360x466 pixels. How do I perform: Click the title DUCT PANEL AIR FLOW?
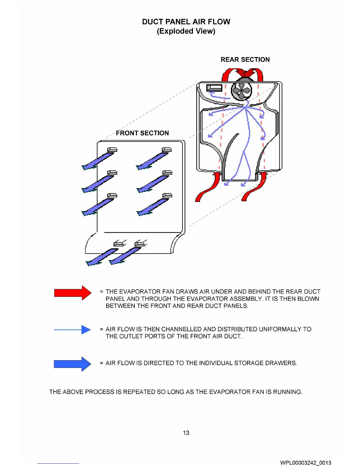(186, 22)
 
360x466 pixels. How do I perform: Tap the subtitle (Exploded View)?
(186, 31)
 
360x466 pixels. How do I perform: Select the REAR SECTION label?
(245, 60)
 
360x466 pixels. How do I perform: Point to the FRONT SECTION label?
(142, 133)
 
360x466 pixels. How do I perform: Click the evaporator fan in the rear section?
(241, 91)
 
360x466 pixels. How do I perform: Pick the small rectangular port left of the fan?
(214, 88)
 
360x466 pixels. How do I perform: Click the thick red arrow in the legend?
(73, 293)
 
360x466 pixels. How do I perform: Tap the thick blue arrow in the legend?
(72, 364)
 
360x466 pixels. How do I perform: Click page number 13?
(186, 433)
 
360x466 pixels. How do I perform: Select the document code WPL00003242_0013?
(306, 463)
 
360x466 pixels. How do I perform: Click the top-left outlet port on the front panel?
(112, 150)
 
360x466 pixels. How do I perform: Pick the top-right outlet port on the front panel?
(167, 150)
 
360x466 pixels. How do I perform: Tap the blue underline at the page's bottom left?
(58, 464)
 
